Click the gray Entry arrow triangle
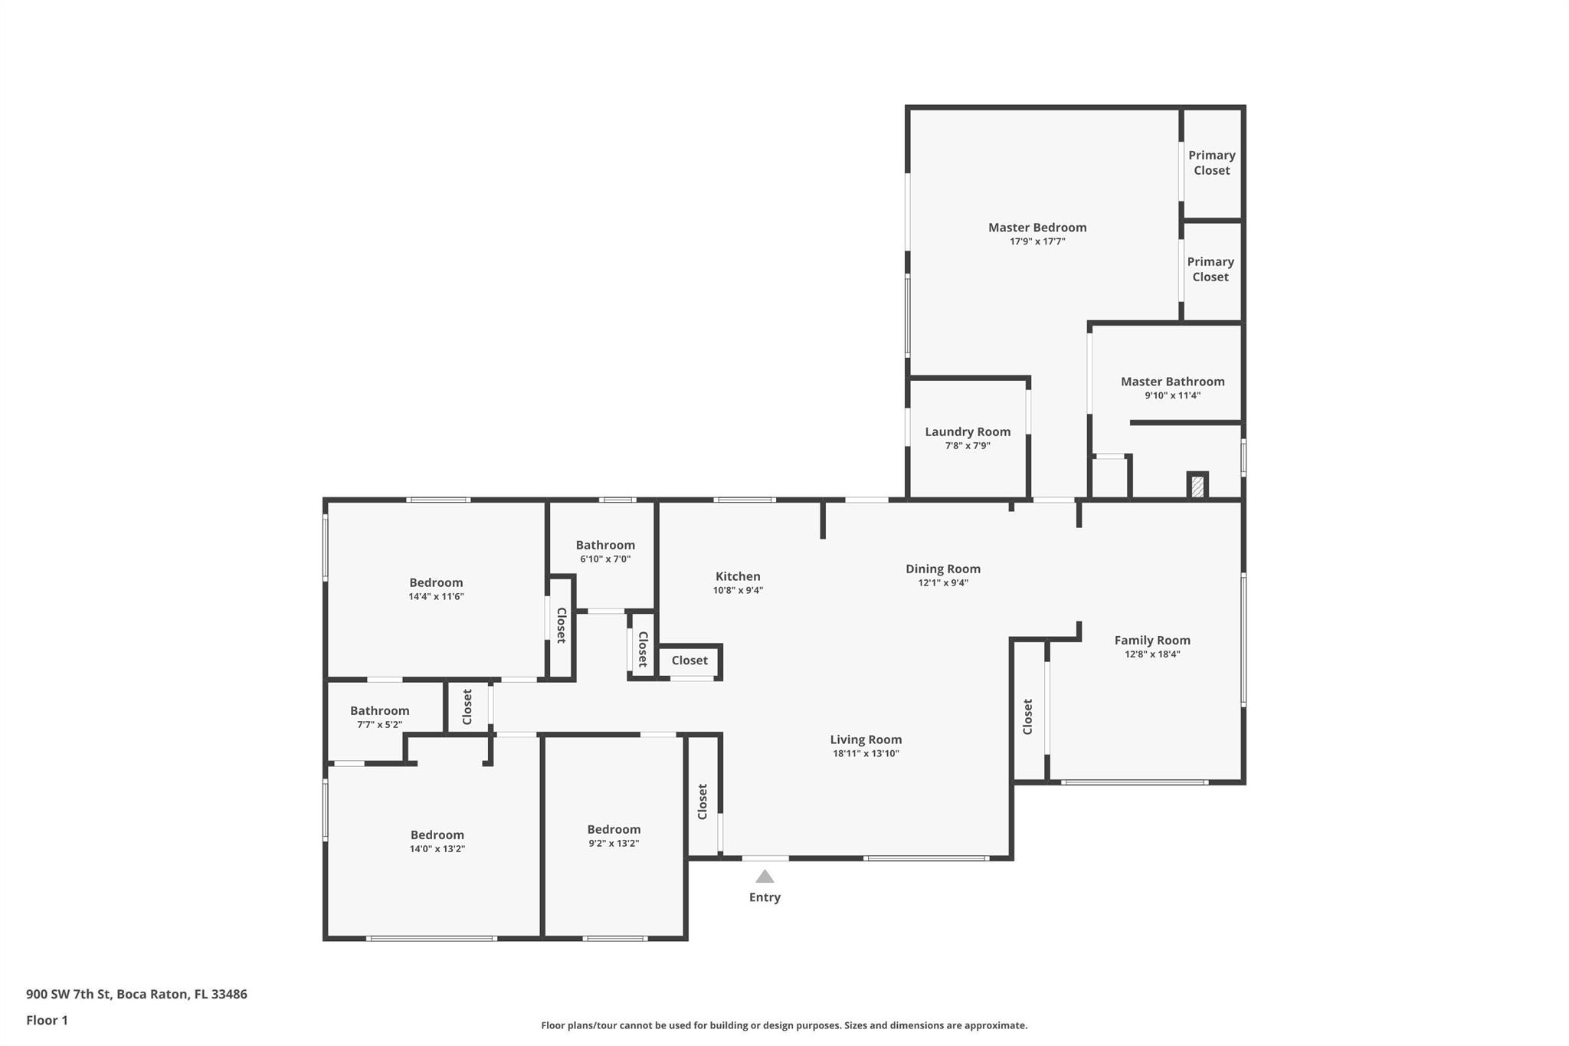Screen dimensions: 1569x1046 pyautogui.click(x=765, y=877)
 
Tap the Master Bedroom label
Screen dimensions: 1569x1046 pyautogui.click(x=1037, y=228)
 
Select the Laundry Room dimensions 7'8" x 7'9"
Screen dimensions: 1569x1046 pyautogui.click(x=968, y=446)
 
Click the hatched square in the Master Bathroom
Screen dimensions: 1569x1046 pyautogui.click(x=1197, y=487)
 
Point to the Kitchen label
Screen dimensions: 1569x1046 pyautogui.click(x=738, y=577)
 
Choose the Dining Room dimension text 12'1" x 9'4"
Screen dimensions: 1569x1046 pyautogui.click(x=943, y=583)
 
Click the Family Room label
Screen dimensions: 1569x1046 pyautogui.click(x=1152, y=641)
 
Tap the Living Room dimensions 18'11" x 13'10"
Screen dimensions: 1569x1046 pyautogui.click(x=866, y=754)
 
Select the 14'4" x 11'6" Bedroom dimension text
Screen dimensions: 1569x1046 pyautogui.click(x=436, y=597)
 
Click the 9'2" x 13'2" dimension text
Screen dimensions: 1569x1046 pyautogui.click(x=614, y=844)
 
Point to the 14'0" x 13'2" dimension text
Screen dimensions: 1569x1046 pyautogui.click(x=437, y=849)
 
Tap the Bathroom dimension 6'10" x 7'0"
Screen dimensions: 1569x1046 pyautogui.click(x=605, y=559)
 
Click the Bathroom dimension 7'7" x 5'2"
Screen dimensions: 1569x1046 pyautogui.click(x=379, y=725)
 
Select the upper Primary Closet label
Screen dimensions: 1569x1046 pyautogui.click(x=1212, y=163)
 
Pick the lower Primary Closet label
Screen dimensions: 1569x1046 pyautogui.click(x=1210, y=270)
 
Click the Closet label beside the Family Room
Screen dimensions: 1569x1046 pyautogui.click(x=1028, y=716)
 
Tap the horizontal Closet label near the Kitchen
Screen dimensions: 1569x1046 pyautogui.click(x=690, y=661)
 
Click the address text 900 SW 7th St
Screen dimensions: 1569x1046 pyautogui.click(x=69, y=995)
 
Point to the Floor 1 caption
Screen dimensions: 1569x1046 pyautogui.click(x=47, y=1021)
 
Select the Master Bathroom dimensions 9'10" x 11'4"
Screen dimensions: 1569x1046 pyautogui.click(x=1172, y=396)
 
